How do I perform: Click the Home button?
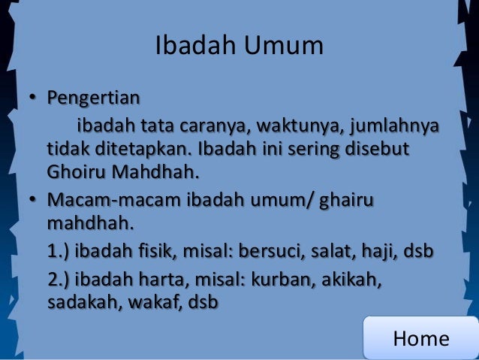click(x=420, y=338)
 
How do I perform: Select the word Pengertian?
click(x=93, y=98)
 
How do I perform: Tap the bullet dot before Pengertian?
click(x=34, y=99)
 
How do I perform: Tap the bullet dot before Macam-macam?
click(x=34, y=201)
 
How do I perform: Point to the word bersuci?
click(x=277, y=250)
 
